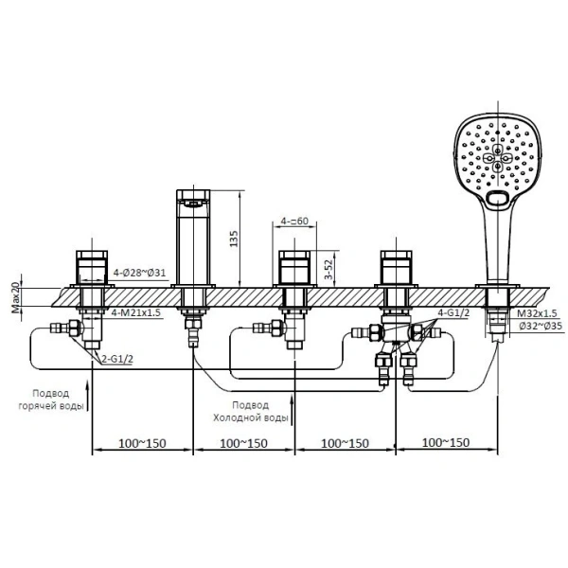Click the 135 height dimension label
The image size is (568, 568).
tap(234, 239)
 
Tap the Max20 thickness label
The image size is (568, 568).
tap(16, 297)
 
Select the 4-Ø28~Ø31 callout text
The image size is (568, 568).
tap(139, 273)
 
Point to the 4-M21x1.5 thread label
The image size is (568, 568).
tap(135, 312)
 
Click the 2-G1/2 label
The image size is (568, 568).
tap(117, 359)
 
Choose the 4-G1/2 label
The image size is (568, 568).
tap(453, 312)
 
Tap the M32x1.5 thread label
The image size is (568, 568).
tap(537, 313)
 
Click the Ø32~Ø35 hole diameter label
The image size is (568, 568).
tap(541, 326)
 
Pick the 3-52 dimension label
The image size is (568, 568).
tap(328, 268)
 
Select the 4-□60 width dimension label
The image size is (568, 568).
tap(294, 221)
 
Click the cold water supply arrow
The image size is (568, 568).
tap(292, 410)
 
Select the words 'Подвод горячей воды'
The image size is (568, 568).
tap(51, 399)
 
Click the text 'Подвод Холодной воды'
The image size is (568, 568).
tap(251, 411)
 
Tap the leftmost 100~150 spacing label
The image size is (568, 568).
tap(142, 443)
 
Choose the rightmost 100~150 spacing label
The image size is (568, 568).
tap(446, 442)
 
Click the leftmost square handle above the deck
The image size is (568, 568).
tap(92, 267)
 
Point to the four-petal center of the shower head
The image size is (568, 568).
tap(497, 158)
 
